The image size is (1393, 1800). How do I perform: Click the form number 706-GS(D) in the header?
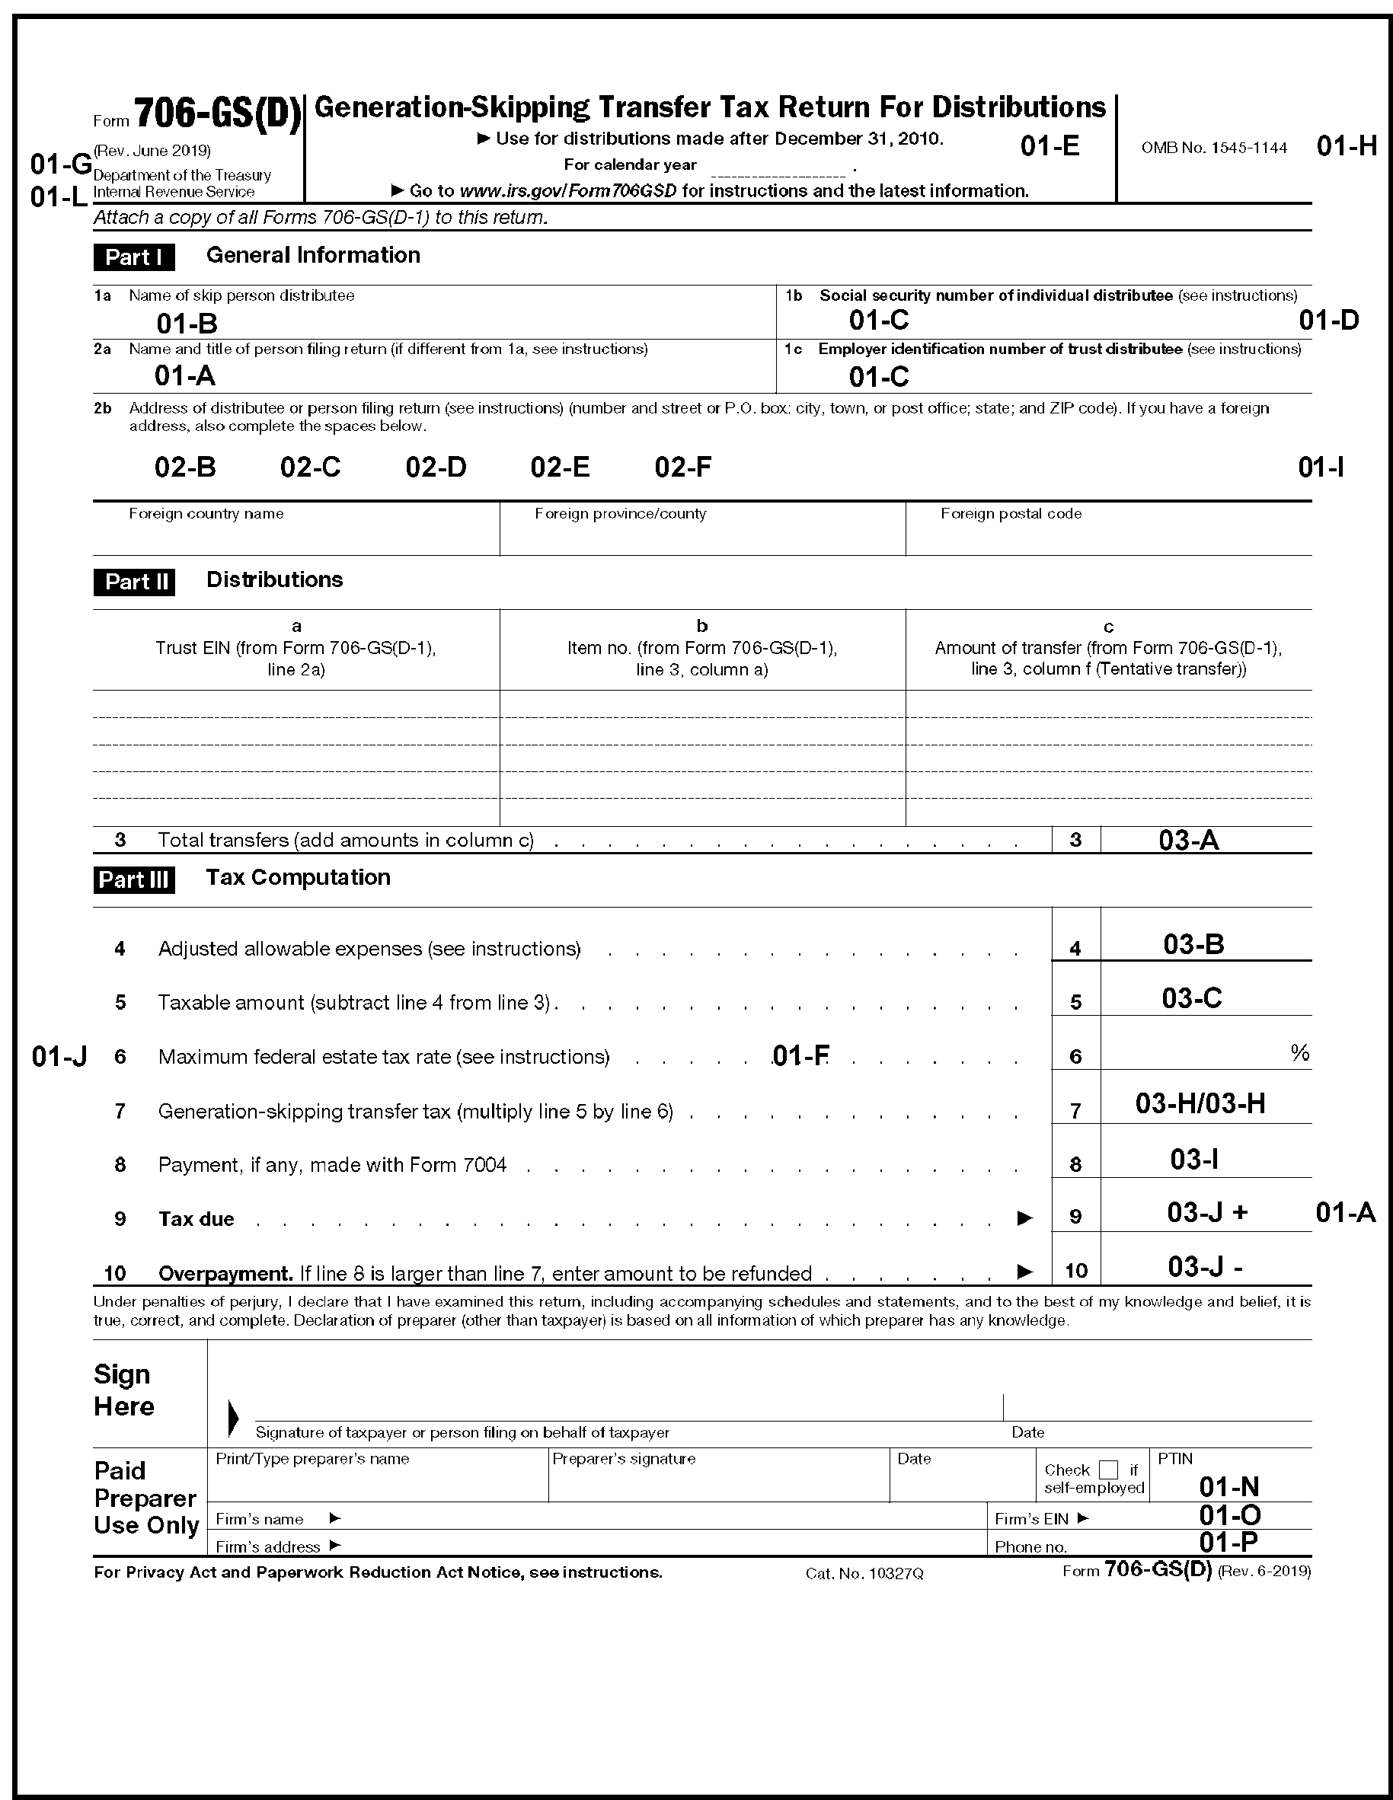(218, 113)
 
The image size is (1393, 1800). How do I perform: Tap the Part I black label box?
(133, 257)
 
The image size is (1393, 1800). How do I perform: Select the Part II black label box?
(133, 582)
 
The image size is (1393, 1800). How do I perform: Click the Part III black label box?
(133, 879)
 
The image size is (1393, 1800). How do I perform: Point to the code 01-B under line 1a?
(187, 324)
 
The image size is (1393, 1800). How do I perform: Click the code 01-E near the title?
(1050, 146)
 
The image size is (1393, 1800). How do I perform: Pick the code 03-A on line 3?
(1188, 840)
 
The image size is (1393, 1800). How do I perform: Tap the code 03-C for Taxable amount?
(1191, 998)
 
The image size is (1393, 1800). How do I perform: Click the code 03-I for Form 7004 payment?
(1193, 1160)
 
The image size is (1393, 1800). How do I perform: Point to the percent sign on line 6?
(1300, 1052)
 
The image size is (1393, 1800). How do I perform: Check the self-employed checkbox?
(1110, 1470)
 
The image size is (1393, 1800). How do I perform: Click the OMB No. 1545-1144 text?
(1213, 148)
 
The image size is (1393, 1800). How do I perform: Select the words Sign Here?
(123, 1390)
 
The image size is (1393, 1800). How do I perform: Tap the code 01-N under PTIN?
(1229, 1486)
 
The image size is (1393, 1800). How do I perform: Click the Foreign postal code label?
(1011, 513)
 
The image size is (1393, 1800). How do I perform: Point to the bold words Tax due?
(196, 1219)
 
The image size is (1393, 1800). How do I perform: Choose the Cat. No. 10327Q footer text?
(864, 1573)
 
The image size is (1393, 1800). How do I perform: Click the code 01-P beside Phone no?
(1228, 1542)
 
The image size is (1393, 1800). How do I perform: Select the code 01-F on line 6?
(800, 1056)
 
